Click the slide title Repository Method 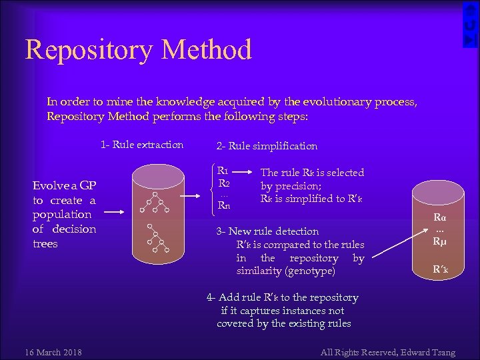point(139,50)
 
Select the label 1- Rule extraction point(142,145)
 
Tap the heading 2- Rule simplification point(267,145)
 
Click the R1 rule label point(223,171)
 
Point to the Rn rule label point(224,205)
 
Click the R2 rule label point(224,183)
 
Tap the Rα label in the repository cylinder point(440,217)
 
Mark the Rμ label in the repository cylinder point(440,241)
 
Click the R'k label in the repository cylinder point(440,270)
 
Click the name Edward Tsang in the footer point(437,352)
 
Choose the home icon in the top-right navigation point(471,10)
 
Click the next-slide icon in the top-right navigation point(471,40)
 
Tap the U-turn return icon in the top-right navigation point(471,25)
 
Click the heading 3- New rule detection point(267,231)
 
